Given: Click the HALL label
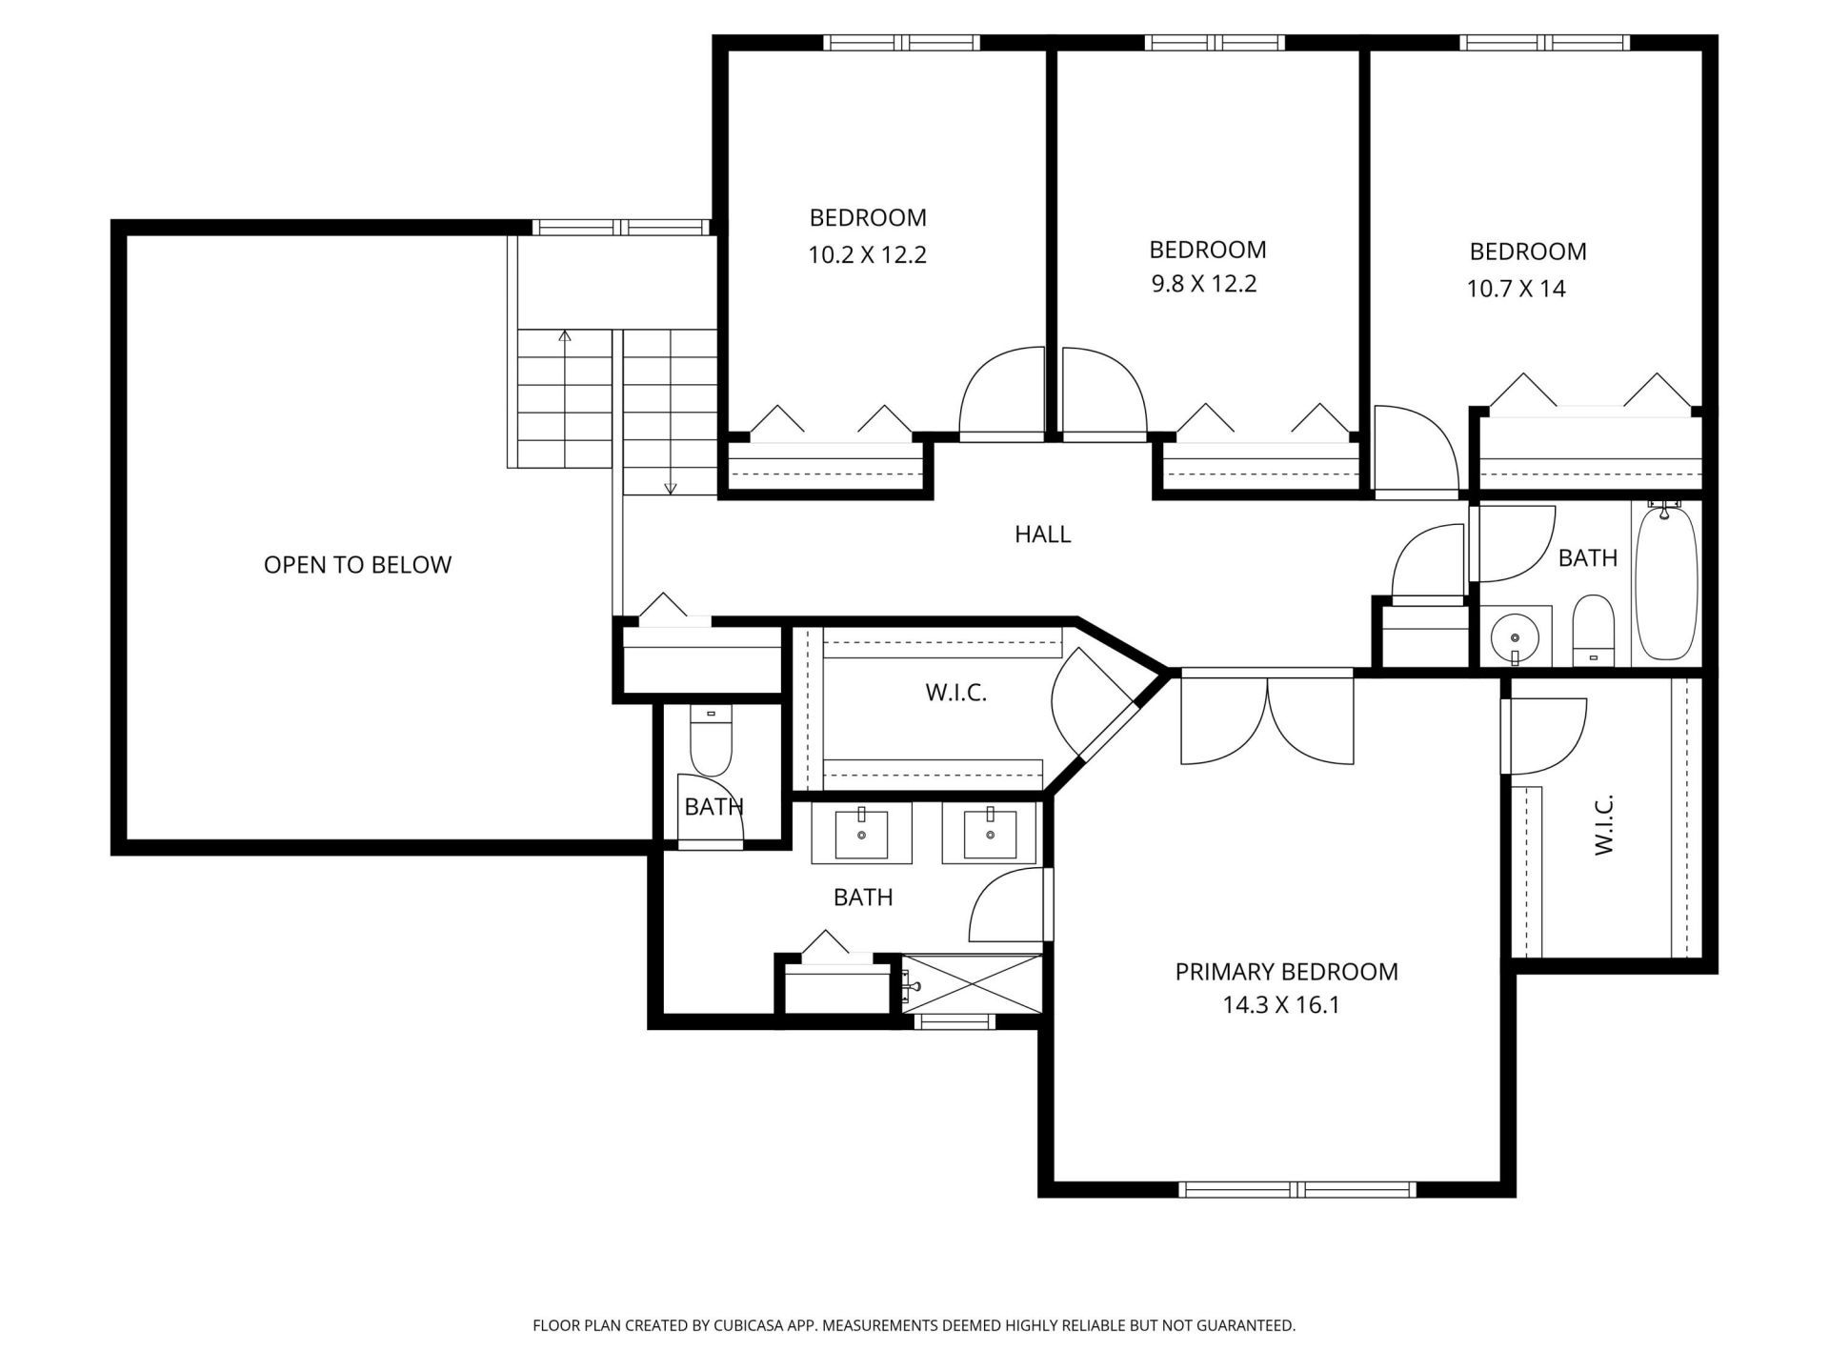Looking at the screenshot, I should (x=1042, y=535).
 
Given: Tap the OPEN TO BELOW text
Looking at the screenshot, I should (x=357, y=565).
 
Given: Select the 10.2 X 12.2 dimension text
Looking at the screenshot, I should (x=867, y=255).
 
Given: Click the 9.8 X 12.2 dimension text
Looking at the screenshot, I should (x=1204, y=284).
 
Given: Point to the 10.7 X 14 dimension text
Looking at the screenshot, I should (x=1516, y=289).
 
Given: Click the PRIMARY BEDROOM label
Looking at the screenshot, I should (x=1286, y=972).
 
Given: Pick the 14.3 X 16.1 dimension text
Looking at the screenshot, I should (x=1281, y=1005).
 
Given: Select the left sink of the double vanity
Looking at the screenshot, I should (x=861, y=835).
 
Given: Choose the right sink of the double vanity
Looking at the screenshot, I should (x=990, y=835).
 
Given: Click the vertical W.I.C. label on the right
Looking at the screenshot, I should (x=1604, y=824).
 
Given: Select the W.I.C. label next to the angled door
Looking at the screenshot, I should (x=955, y=693).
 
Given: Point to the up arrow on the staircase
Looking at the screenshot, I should (x=565, y=335).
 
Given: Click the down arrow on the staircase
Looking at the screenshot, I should (x=670, y=488).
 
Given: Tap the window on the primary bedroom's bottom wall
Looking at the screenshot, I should (x=1297, y=1189).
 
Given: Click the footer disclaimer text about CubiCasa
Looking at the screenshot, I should (x=914, y=1325).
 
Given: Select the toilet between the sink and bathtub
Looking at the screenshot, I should (x=1593, y=629).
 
